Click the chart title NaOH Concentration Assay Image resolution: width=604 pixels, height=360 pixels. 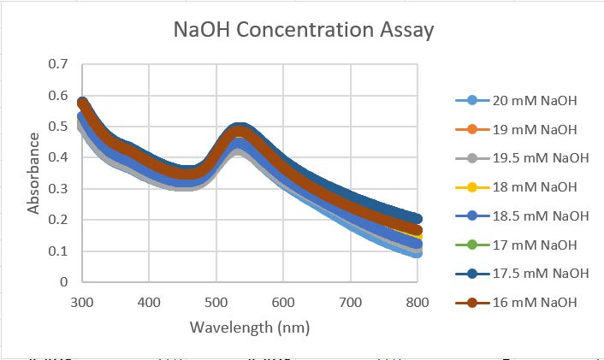pyautogui.click(x=304, y=31)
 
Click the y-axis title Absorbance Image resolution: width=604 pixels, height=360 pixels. pyautogui.click(x=34, y=173)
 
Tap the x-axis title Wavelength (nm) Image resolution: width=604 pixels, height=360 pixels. pyautogui.click(x=249, y=328)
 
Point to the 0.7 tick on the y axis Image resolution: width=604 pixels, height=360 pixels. pyautogui.click(x=58, y=64)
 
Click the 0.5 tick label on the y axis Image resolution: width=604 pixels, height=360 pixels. pyautogui.click(x=58, y=127)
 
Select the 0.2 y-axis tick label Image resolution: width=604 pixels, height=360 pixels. pyautogui.click(x=58, y=220)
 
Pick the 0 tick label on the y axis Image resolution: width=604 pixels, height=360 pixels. pyautogui.click(x=63, y=282)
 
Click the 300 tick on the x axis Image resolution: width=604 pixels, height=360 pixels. pyautogui.click(x=81, y=302)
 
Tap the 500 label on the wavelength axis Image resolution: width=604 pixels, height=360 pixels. pyautogui.click(x=216, y=302)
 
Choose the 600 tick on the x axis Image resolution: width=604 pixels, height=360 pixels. pyautogui.click(x=283, y=302)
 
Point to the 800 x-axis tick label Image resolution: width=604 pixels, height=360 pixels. pyautogui.click(x=417, y=302)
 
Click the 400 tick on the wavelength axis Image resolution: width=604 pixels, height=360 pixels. pyautogui.click(x=149, y=302)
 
